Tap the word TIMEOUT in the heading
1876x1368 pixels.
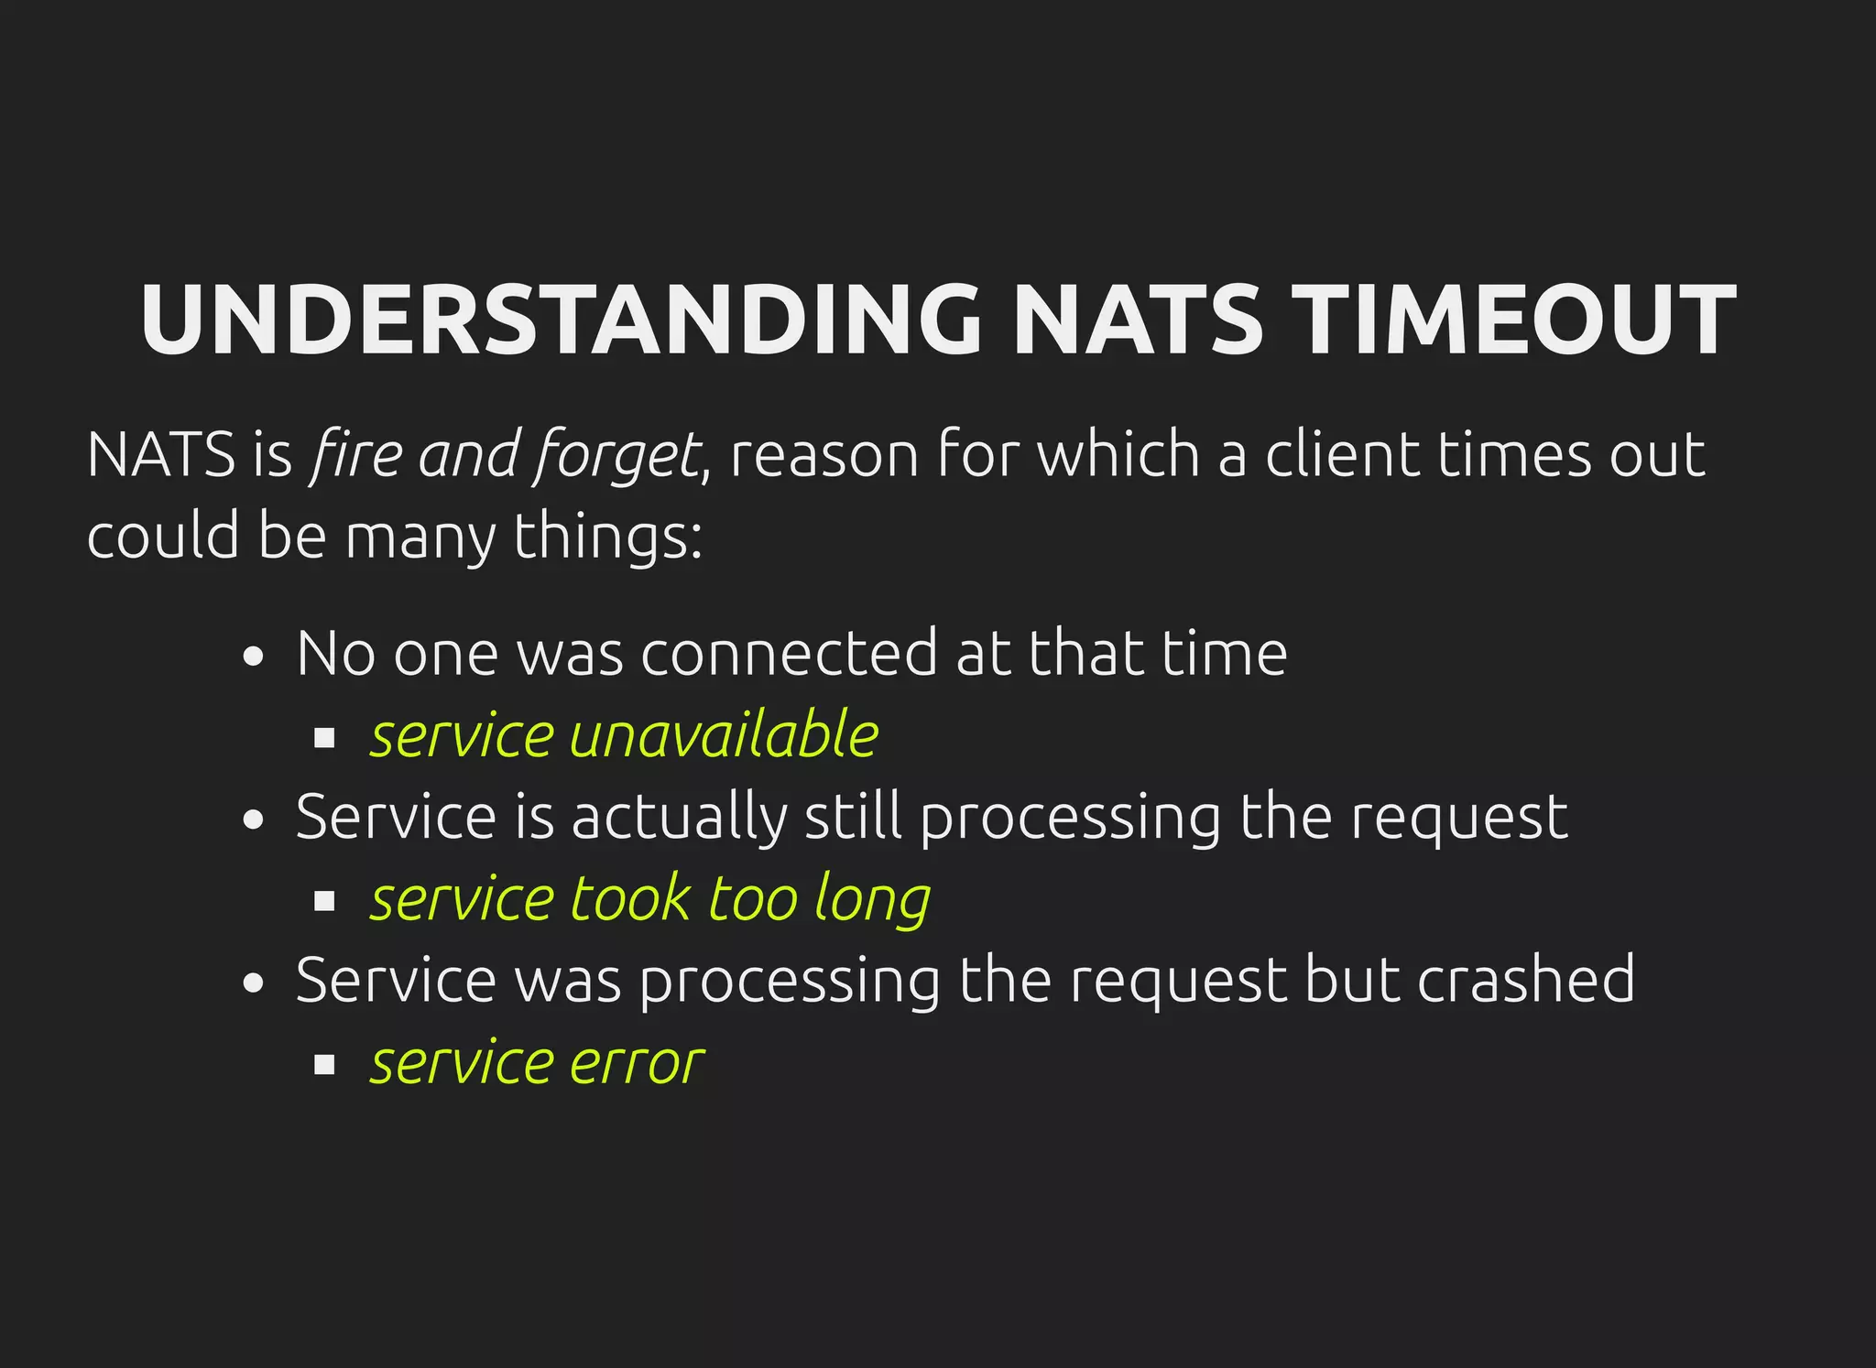coord(1518,320)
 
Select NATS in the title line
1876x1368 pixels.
coord(1139,320)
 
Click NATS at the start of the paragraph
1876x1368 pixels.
coord(161,454)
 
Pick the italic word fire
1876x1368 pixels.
coord(354,454)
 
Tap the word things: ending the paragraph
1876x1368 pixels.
coord(607,537)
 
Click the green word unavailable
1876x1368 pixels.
coord(725,735)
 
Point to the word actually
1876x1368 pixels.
coord(679,818)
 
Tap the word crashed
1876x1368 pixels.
coord(1526,980)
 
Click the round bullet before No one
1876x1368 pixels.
coord(254,657)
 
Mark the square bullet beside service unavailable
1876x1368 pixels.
coord(324,738)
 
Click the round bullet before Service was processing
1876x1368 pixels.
coord(254,983)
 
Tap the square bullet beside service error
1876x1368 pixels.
coord(324,1065)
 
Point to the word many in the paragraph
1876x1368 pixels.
coord(420,537)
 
